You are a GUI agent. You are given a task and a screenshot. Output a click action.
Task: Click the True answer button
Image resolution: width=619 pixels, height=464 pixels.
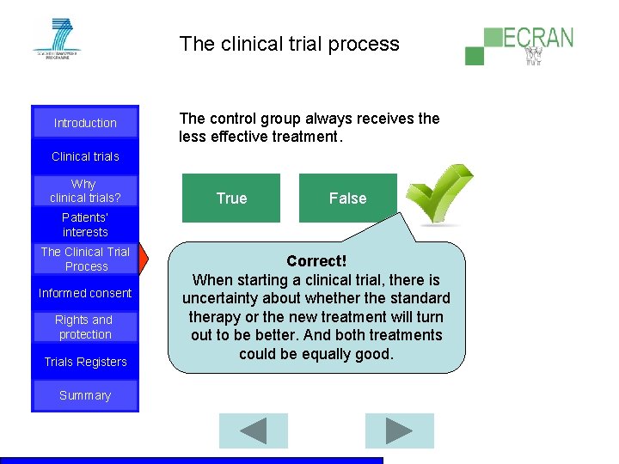tap(231, 198)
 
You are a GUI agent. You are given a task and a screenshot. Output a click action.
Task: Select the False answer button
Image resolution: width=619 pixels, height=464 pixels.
tap(347, 198)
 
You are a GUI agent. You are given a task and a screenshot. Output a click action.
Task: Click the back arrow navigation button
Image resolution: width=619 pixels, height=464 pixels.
tap(253, 430)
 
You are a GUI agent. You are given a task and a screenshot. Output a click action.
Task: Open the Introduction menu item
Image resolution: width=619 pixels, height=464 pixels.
tap(85, 123)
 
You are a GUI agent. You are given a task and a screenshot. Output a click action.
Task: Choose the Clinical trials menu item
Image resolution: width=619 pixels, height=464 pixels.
tap(85, 156)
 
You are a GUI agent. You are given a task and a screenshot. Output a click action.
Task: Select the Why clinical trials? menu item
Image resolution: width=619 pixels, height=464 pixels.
tap(85, 191)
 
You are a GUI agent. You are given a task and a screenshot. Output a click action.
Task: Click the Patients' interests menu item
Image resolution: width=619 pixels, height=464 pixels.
tap(85, 225)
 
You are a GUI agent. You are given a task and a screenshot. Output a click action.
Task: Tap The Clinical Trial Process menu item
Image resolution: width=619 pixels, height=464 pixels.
tap(85, 259)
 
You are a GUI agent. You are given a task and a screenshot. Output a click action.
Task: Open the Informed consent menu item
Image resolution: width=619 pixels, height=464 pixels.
tap(85, 293)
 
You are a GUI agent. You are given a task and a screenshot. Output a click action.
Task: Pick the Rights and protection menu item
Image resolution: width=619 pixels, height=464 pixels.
tap(85, 327)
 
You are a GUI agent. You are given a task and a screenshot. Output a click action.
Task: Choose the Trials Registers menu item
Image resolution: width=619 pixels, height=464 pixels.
tap(85, 362)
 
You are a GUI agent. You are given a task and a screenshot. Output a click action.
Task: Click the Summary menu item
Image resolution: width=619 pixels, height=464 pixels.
tap(85, 395)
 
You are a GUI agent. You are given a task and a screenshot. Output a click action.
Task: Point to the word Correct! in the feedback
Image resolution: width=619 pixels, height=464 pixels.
tap(316, 260)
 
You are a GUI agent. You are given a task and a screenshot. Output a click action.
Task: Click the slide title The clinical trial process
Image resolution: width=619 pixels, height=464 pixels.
tap(290, 44)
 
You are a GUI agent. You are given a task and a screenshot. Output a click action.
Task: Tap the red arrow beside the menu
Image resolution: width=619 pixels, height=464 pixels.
tap(144, 258)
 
